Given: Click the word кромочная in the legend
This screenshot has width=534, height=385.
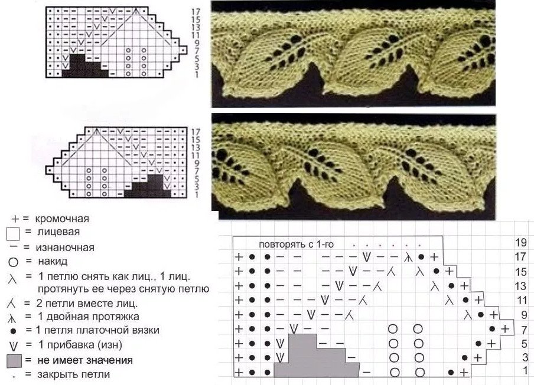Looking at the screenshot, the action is pyautogui.click(x=62, y=219).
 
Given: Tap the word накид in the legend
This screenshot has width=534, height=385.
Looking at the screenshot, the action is pyautogui.click(x=53, y=261).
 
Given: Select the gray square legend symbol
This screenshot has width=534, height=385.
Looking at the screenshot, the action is pyautogui.click(x=14, y=361).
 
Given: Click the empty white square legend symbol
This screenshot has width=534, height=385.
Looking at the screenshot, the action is pyautogui.click(x=13, y=234).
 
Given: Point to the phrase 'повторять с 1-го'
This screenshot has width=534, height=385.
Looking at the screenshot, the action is pyautogui.click(x=297, y=244).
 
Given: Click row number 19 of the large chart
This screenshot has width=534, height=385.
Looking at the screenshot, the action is pyautogui.click(x=521, y=243).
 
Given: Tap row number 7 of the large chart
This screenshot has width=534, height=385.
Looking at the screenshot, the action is pyautogui.click(x=524, y=330).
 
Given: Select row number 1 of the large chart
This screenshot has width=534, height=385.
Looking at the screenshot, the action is pyautogui.click(x=525, y=370).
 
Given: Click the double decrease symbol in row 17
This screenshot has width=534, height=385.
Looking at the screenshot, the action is pyautogui.click(x=408, y=258).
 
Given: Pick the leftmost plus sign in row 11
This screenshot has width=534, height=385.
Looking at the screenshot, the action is pyautogui.click(x=239, y=300).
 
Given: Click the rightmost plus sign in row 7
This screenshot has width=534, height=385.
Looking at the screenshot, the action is pyautogui.click(x=506, y=329).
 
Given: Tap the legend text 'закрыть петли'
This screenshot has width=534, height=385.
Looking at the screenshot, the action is pyautogui.click(x=74, y=374).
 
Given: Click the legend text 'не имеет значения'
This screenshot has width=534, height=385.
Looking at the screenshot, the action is pyautogui.click(x=85, y=360).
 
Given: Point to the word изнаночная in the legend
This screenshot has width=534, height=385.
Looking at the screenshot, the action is pyautogui.click(x=65, y=248).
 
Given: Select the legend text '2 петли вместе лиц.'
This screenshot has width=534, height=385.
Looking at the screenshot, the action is pyautogui.click(x=87, y=303).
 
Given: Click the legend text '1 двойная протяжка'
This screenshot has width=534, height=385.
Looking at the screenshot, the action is pyautogui.click(x=89, y=317).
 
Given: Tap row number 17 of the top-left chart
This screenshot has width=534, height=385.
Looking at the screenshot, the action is pyautogui.click(x=196, y=12).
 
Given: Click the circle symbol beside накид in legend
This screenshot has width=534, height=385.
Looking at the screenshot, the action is pyautogui.click(x=14, y=262).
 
